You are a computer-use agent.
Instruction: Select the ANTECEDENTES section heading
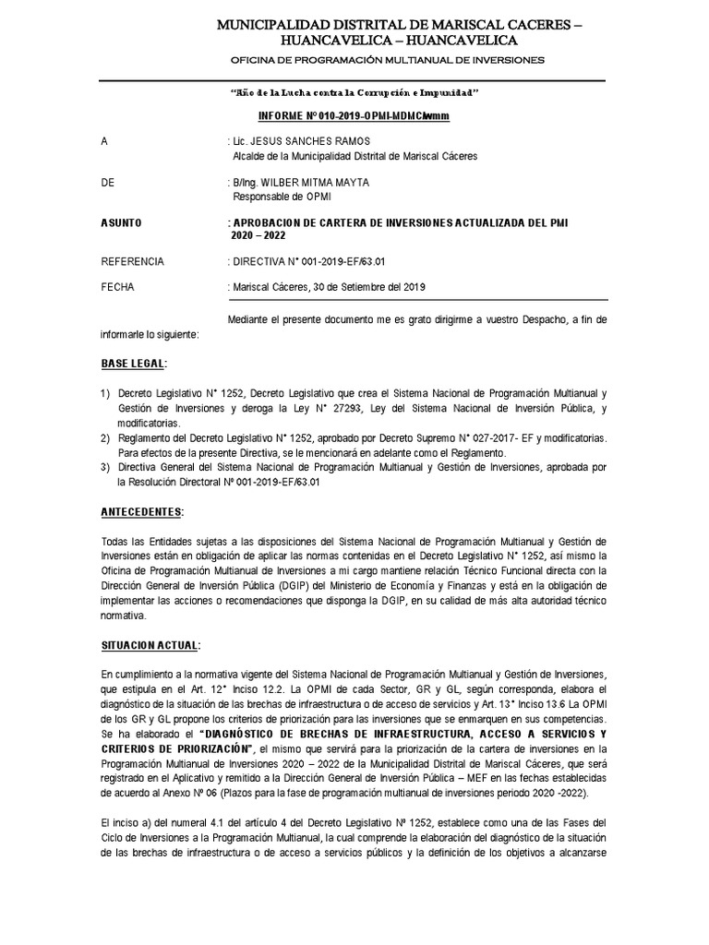(x=142, y=511)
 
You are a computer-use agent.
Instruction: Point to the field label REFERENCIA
(x=132, y=262)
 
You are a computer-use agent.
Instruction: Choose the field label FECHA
(x=117, y=287)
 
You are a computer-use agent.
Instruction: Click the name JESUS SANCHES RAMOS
(x=304, y=141)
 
